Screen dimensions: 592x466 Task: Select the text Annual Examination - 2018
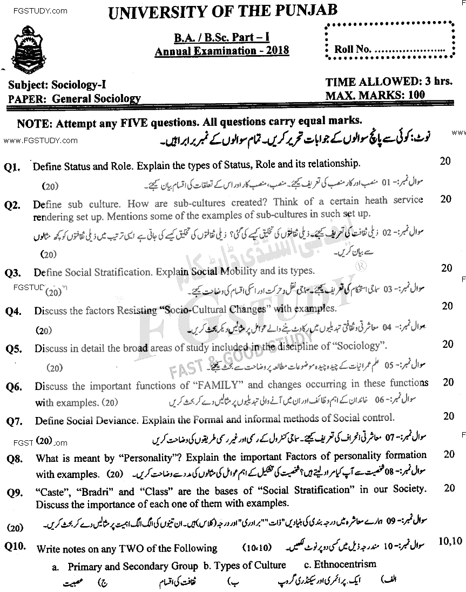point(221,51)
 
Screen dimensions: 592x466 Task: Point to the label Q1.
point(12,168)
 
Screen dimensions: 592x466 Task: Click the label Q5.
point(14,349)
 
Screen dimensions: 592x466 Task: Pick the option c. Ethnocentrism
point(340,565)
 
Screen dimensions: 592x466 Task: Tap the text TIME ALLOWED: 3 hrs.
point(389,82)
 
